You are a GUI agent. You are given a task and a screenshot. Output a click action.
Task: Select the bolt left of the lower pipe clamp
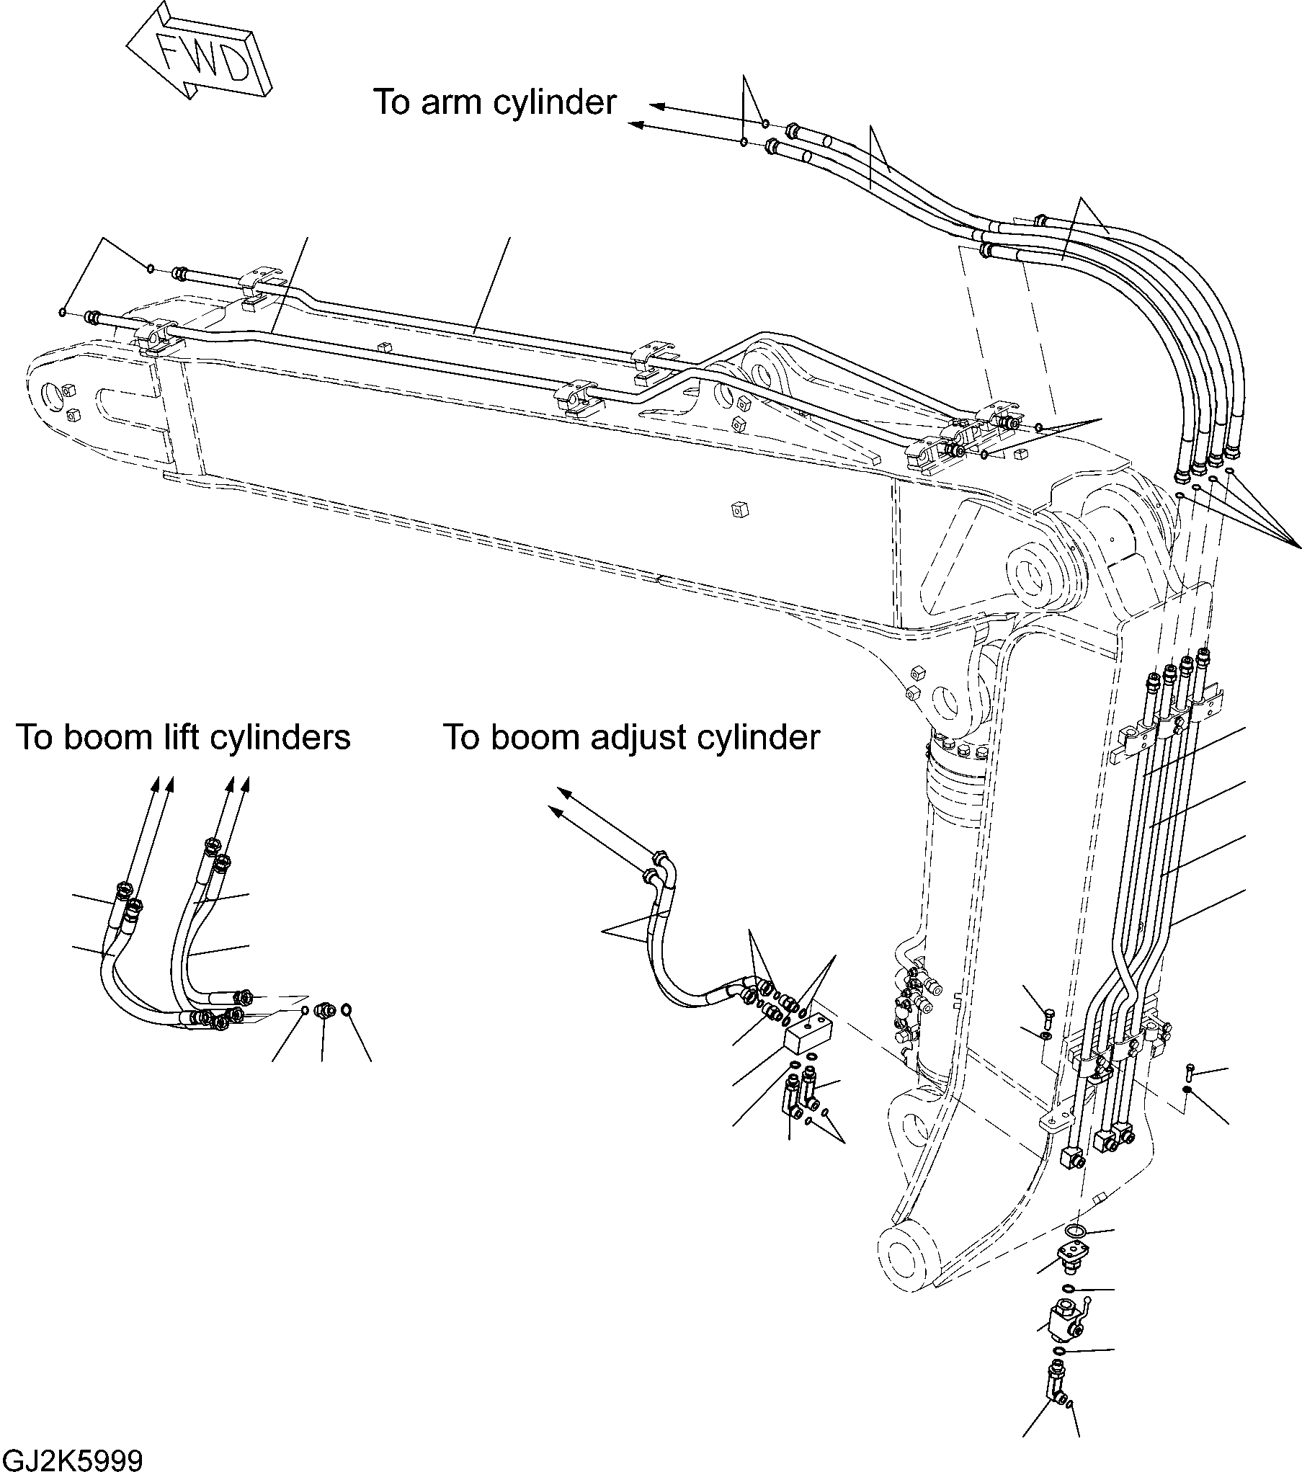tap(1048, 1018)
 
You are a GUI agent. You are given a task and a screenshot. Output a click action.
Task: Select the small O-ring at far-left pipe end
tap(64, 313)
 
